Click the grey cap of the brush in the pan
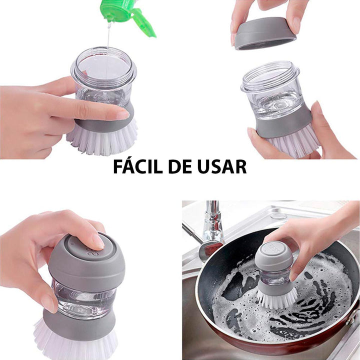pos(273,255)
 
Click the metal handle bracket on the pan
pos(353,320)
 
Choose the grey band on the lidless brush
pos(282,125)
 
